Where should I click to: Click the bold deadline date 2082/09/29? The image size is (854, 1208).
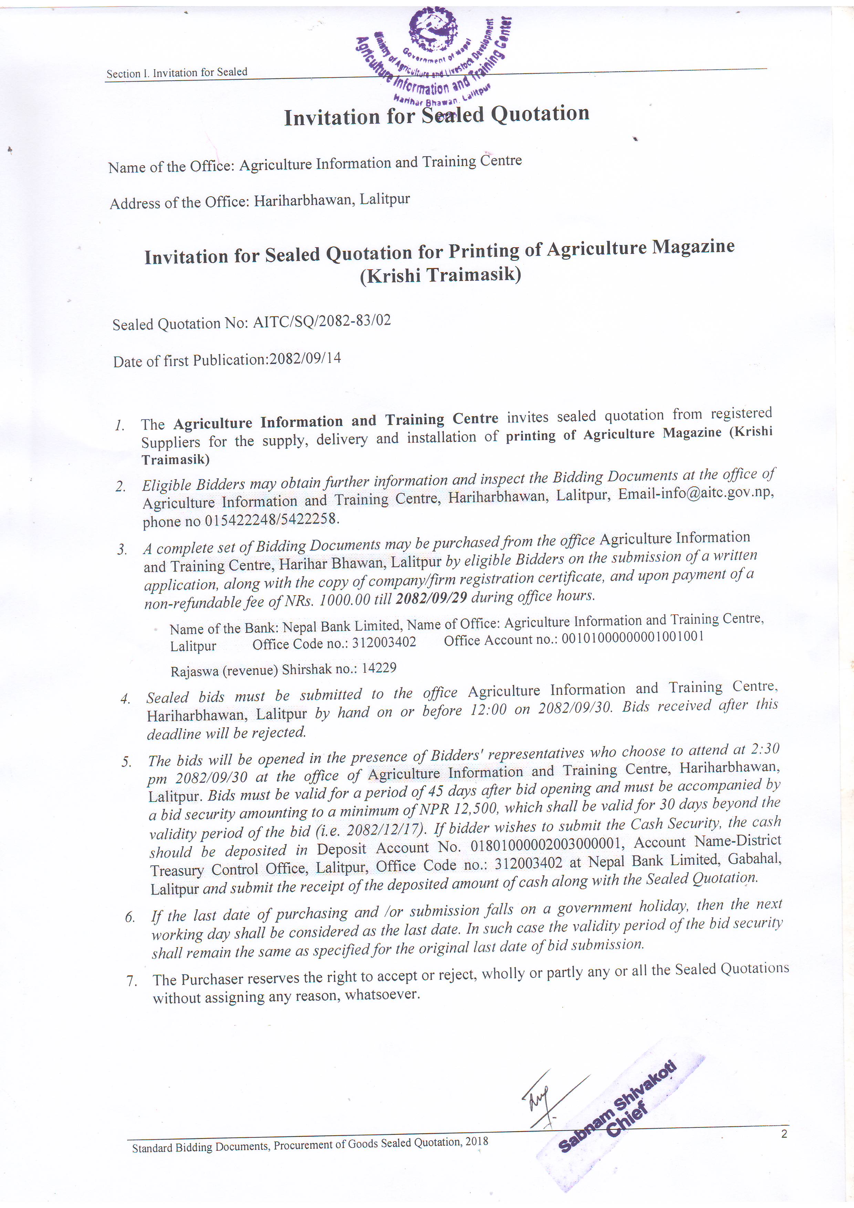[431, 598]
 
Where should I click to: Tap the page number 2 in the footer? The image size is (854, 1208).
[784, 1134]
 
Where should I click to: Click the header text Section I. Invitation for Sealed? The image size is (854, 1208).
[177, 73]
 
